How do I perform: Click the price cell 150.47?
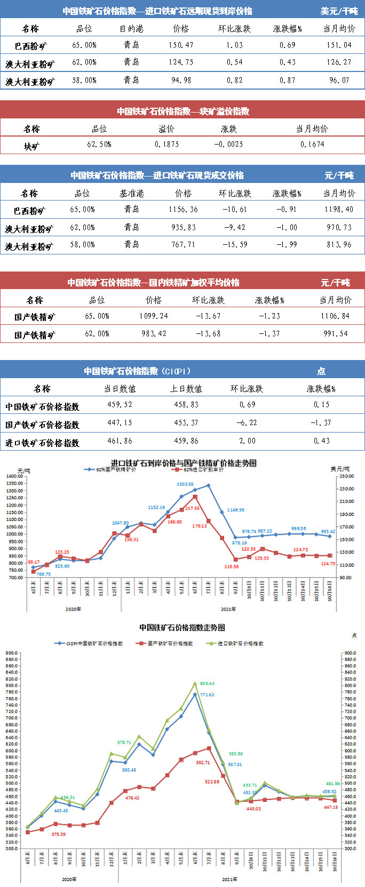tap(181, 45)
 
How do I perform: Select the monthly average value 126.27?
tap(339, 62)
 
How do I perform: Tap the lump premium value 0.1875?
tap(166, 145)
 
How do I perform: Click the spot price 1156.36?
tap(183, 210)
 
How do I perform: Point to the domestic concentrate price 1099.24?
tap(154, 316)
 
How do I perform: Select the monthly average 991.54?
tap(335, 334)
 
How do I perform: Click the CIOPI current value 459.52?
tap(120, 405)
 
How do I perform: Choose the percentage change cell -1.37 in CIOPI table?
tap(321, 423)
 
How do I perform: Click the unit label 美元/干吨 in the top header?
tap(339, 11)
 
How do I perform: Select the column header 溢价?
tap(166, 129)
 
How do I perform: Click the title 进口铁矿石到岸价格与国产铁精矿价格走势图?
tap(183, 463)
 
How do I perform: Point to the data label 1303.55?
tap(185, 484)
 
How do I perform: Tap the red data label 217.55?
tap(192, 508)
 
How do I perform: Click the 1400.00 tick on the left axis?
tap(14, 476)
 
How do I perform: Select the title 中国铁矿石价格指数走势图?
tap(182, 628)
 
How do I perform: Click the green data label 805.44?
tap(207, 683)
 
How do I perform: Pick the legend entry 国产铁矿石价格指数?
tap(170, 644)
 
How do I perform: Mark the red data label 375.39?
tap(58, 834)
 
